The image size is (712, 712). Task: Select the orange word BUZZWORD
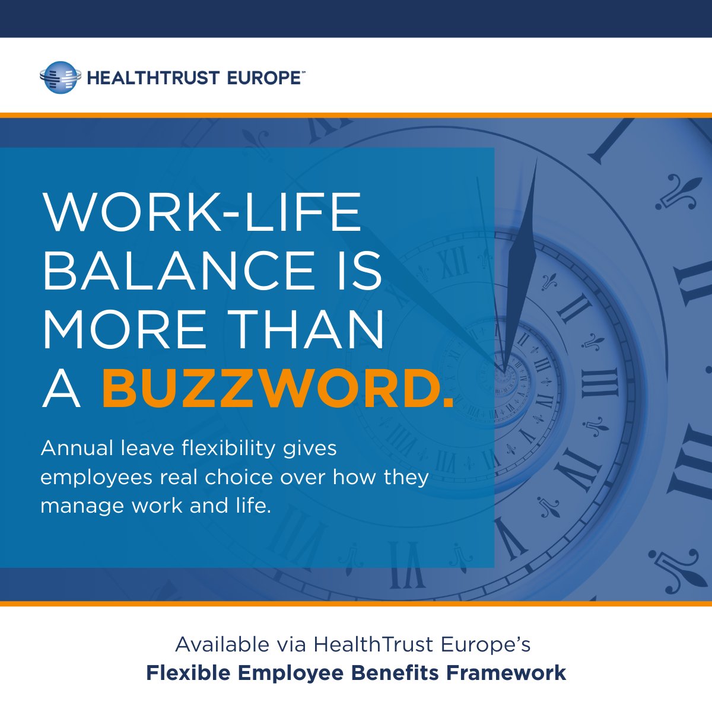tap(277, 389)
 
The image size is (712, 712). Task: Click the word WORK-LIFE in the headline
tap(202, 212)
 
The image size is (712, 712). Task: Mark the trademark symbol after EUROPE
tap(303, 72)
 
